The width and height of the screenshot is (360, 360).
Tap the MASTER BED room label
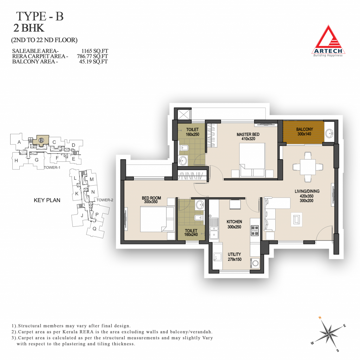[x=248, y=134]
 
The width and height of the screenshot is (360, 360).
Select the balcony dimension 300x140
[x=304, y=134]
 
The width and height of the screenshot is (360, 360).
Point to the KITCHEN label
[x=234, y=221]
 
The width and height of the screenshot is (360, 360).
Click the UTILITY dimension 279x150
[x=234, y=259]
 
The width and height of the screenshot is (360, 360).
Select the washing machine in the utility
[x=255, y=263]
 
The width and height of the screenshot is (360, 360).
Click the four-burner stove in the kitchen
[x=255, y=230]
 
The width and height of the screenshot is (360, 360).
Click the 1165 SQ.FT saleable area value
[x=95, y=51]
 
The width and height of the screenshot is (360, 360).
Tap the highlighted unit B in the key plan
[x=41, y=140]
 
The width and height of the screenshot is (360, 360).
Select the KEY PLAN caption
[x=47, y=200]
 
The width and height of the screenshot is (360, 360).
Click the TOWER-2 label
[x=105, y=200]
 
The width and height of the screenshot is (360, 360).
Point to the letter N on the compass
[x=320, y=318]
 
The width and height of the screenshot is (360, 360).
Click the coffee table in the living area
[x=296, y=220]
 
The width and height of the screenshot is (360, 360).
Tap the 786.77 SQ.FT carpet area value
[x=92, y=56]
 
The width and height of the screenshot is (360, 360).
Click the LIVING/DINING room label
[x=307, y=191]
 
